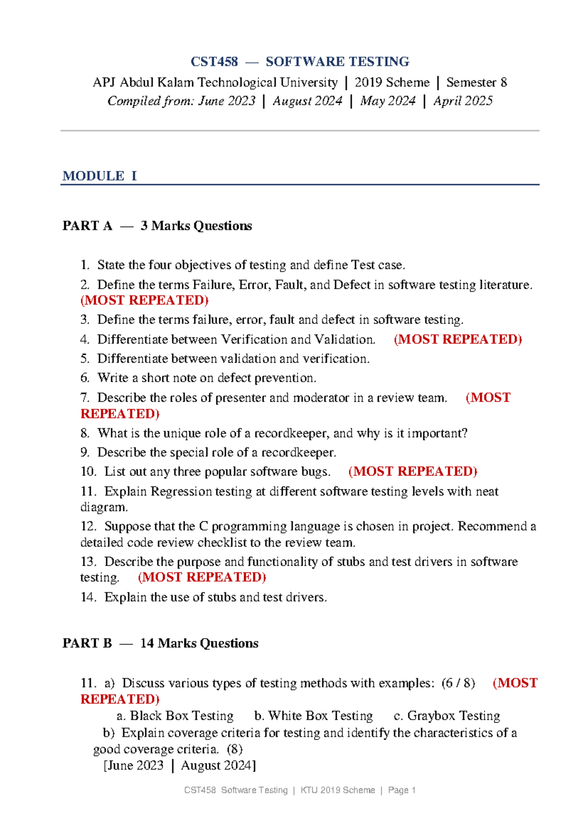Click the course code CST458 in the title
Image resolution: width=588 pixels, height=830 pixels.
pos(214,62)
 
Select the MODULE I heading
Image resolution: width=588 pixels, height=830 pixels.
pos(99,176)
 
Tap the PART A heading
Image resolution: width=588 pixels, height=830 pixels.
pos(87,226)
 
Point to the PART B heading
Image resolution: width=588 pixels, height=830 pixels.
pos(87,643)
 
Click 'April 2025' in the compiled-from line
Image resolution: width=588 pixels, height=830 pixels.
pos(463,101)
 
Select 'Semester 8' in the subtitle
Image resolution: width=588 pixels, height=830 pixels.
pos(476,82)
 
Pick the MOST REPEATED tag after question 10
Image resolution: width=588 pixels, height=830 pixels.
pos(413,471)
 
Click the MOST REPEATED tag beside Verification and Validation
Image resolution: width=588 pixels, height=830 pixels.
pos(458,339)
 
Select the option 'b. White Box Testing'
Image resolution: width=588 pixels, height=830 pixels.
pos(314,716)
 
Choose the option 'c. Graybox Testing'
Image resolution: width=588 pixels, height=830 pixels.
pos(447,716)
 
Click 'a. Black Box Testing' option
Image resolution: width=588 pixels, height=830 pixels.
pos(175,716)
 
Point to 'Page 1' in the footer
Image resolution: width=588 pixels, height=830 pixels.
pos(402,790)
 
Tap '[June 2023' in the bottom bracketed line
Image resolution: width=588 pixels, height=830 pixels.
pos(133,765)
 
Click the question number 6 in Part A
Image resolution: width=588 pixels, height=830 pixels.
pos(85,378)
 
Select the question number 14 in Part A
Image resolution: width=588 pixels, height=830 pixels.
pos(88,597)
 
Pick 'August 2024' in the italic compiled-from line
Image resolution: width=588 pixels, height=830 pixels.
pos(307,101)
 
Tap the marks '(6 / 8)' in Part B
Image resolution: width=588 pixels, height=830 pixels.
pos(458,683)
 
